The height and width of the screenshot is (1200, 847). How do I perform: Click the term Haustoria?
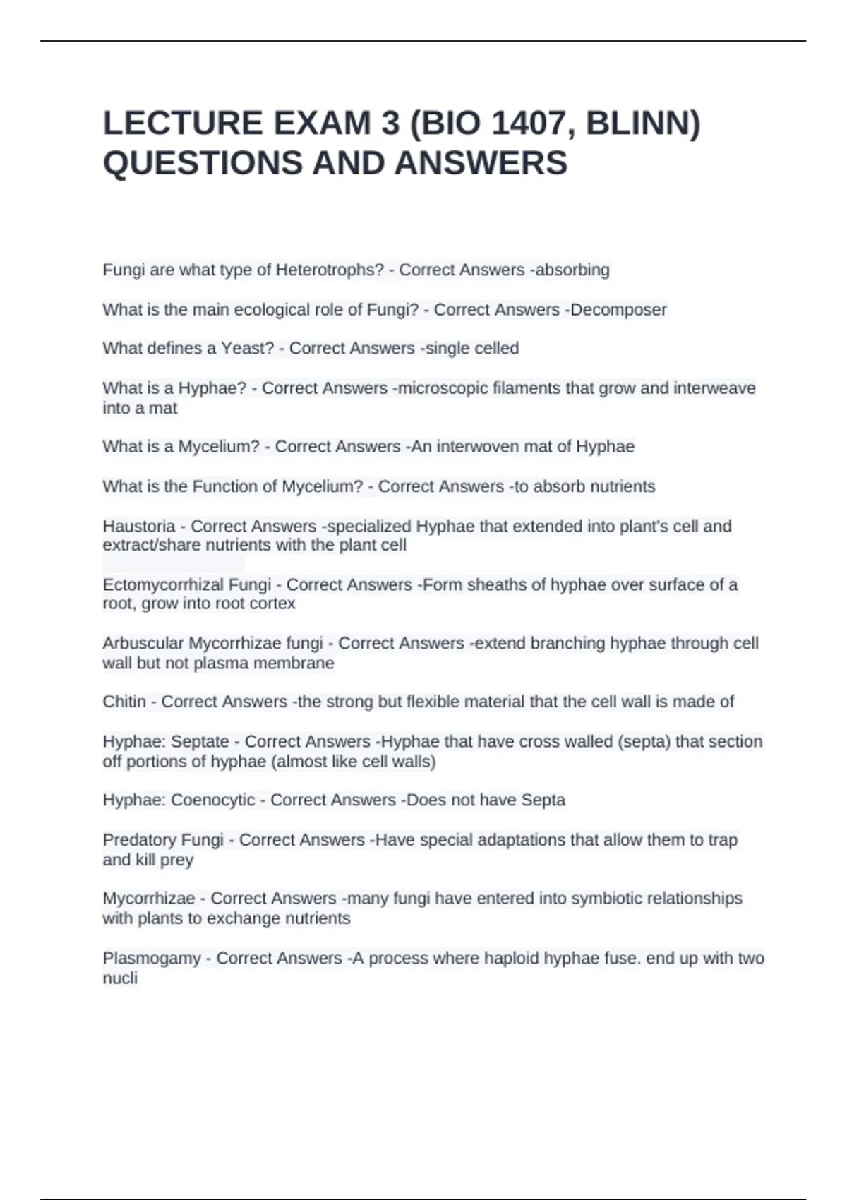pyautogui.click(x=138, y=527)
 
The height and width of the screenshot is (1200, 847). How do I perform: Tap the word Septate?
pyautogui.click(x=200, y=742)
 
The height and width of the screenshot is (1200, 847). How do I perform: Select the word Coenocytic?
pyautogui.click(x=213, y=800)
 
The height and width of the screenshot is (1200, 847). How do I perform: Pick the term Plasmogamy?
pyautogui.click(x=151, y=959)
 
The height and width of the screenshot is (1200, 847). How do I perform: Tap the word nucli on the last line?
pyautogui.click(x=120, y=978)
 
